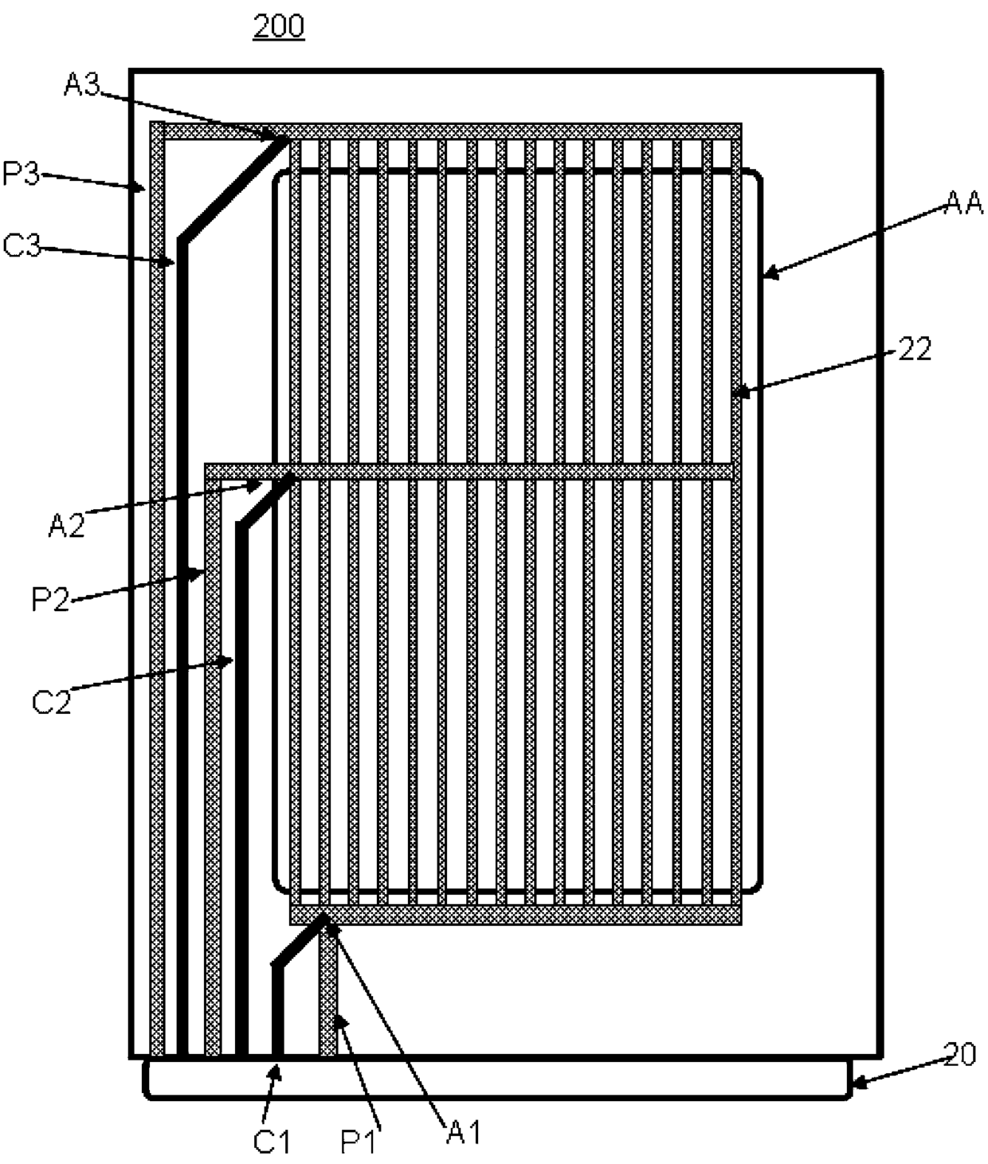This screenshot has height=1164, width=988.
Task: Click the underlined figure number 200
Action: (x=279, y=26)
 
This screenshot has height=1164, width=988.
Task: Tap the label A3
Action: (x=81, y=85)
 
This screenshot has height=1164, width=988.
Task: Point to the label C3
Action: (x=21, y=245)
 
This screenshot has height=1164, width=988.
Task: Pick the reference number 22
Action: (x=915, y=349)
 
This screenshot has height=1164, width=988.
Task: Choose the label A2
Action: (x=66, y=526)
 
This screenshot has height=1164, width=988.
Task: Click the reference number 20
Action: (x=959, y=1055)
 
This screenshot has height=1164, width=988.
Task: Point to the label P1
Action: (x=359, y=1141)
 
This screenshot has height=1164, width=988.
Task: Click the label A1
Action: (x=464, y=1131)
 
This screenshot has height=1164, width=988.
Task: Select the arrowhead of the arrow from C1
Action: (x=276, y=1068)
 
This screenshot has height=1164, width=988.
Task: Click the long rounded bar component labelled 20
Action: (x=497, y=1079)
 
